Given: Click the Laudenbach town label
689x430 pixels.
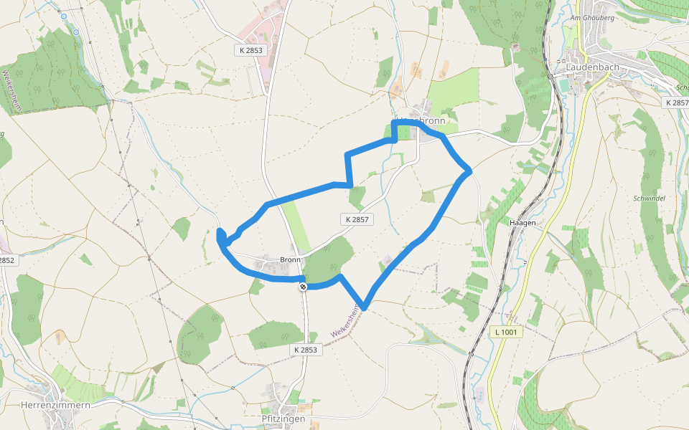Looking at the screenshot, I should point(594,67).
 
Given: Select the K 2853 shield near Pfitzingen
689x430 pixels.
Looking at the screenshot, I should point(305,349).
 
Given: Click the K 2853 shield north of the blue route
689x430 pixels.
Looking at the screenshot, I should point(250,50).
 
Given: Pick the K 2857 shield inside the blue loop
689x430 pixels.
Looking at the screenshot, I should point(357,219).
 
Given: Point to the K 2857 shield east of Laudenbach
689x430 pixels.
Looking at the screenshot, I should point(676,103).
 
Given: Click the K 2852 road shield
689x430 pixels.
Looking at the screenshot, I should point(6,260).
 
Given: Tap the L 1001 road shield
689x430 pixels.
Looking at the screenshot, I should point(507,333).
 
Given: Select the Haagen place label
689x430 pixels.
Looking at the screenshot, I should point(522,223).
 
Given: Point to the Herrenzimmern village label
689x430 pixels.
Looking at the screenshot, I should point(55,405).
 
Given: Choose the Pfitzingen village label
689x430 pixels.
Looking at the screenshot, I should point(283,419).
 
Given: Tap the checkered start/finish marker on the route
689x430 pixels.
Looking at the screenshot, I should point(304,287).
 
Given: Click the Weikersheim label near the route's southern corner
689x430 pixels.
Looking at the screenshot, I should point(345,320).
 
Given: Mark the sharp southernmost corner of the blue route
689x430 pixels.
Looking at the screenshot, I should point(365,307).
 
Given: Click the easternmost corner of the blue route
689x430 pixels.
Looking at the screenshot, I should point(469,171).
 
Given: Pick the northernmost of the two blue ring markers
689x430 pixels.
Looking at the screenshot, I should point(64,16).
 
